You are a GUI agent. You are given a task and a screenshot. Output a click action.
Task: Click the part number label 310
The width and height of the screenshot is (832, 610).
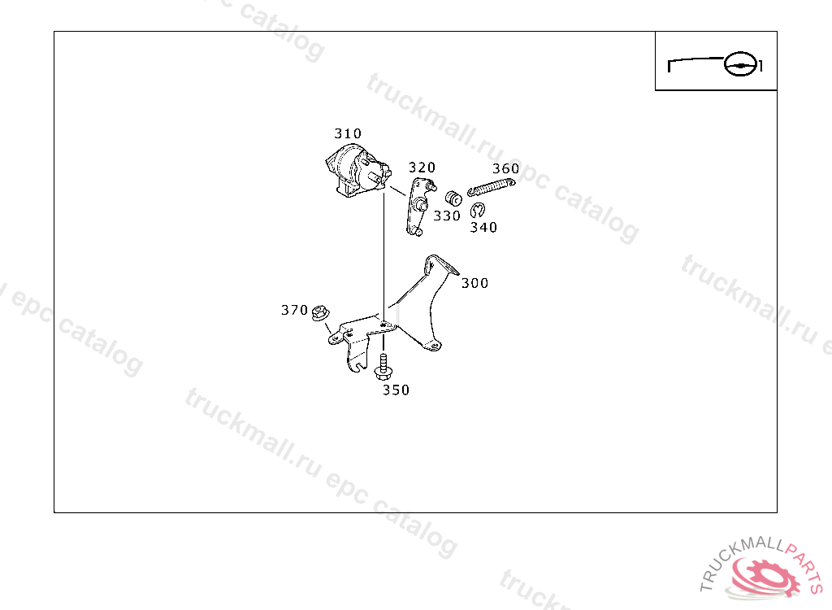(x=348, y=133)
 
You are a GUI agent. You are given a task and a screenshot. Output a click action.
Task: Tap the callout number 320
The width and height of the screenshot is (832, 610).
(x=422, y=168)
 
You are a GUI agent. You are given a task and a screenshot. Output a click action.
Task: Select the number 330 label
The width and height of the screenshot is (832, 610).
(x=447, y=216)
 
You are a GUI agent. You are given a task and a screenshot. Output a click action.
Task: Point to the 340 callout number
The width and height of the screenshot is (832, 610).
(x=483, y=228)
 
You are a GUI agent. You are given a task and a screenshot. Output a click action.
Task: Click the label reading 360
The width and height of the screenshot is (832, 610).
(x=505, y=169)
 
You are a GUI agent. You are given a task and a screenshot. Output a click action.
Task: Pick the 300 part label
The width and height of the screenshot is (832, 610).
(x=474, y=283)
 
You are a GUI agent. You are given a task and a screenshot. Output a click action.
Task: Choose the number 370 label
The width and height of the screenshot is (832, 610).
(x=294, y=310)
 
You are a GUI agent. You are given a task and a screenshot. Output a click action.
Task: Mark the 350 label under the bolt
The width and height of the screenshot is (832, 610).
(x=396, y=390)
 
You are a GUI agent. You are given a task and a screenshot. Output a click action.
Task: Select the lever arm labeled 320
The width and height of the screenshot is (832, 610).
(x=418, y=207)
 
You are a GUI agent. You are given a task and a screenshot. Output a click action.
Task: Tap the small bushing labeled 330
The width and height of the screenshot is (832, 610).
(x=454, y=197)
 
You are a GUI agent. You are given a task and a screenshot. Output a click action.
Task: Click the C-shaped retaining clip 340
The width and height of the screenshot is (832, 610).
(x=478, y=209)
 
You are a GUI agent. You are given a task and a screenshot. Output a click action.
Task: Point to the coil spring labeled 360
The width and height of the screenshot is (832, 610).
(x=492, y=187)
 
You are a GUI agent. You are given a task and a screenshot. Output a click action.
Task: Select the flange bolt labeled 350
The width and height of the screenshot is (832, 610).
(x=383, y=366)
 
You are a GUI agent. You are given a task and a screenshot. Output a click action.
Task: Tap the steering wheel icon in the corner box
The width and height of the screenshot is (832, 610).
(x=740, y=63)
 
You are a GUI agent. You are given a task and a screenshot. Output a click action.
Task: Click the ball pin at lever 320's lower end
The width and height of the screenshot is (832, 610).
(x=416, y=232)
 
